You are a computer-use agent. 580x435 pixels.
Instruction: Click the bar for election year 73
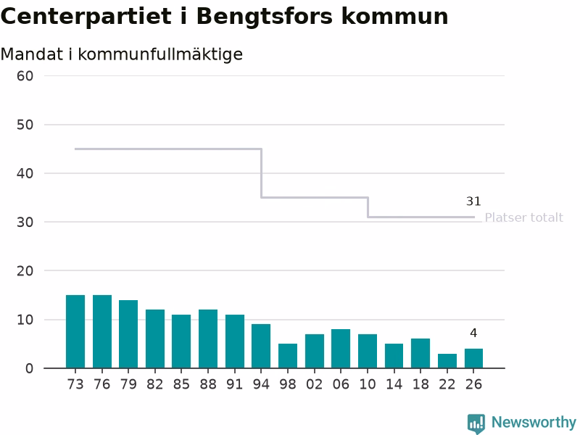pyautogui.click(x=75, y=331)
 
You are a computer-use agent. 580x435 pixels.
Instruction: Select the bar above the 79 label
pyautogui.click(x=128, y=334)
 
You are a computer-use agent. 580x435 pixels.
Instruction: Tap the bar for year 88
pyautogui.click(x=208, y=339)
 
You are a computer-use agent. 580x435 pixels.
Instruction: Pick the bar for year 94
pyautogui.click(x=261, y=347)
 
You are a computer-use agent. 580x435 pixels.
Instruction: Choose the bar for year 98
pyautogui.click(x=288, y=356)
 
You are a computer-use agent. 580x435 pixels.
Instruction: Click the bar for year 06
pyautogui.click(x=341, y=349)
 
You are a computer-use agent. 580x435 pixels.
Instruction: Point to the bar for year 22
pyautogui.click(x=447, y=361)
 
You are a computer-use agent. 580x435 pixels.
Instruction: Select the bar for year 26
pyautogui.click(x=474, y=358)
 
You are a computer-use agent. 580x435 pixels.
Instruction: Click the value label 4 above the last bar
pyautogui.click(x=473, y=333)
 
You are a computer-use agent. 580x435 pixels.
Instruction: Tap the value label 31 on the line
pyautogui.click(x=473, y=202)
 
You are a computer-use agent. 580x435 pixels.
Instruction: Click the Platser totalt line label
pyautogui.click(x=523, y=217)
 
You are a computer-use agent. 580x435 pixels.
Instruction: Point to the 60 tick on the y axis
pyautogui.click(x=25, y=76)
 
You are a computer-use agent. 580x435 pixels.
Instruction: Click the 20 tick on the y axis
pyautogui.click(x=25, y=271)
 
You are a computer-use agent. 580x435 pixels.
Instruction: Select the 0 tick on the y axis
pyautogui.click(x=29, y=369)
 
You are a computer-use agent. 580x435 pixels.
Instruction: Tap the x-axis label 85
pyautogui.click(x=181, y=385)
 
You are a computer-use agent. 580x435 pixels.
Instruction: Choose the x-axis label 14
pyautogui.click(x=394, y=385)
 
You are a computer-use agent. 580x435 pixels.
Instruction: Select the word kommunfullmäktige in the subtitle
pyautogui.click(x=160, y=55)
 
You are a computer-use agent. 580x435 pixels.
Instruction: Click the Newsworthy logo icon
pyautogui.click(x=476, y=423)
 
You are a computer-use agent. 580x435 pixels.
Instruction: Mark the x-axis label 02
pyautogui.click(x=315, y=385)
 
